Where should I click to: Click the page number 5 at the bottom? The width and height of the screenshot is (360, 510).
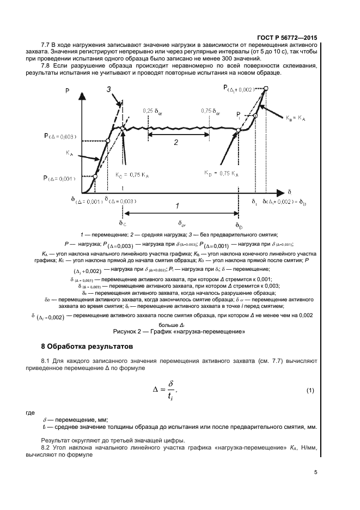point(316,472)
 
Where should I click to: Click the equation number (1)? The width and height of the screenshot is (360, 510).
point(310,391)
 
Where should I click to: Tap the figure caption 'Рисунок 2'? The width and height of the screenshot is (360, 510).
point(178,330)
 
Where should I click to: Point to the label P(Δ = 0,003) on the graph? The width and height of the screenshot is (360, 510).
point(60,136)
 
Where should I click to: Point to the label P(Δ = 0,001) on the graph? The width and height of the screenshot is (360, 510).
point(60,178)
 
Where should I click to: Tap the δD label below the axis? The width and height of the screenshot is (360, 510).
point(239,225)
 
